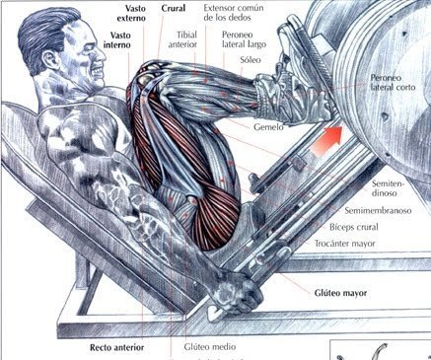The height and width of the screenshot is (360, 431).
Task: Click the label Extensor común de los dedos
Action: coord(237,14)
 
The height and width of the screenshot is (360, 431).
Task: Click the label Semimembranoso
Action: coord(386,210)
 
